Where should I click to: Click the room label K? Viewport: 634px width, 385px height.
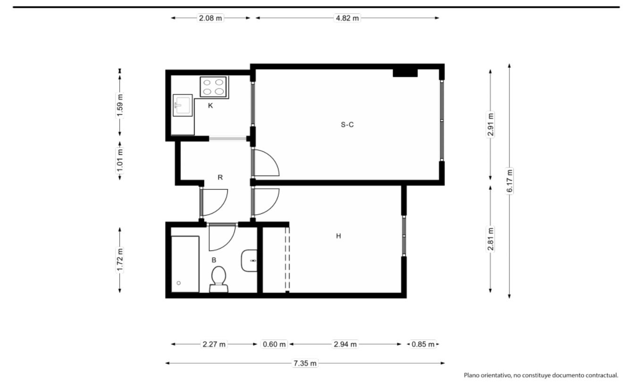pos(210,106)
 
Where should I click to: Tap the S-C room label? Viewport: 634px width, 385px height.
pos(347,125)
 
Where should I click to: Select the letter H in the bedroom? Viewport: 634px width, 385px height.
pos(338,236)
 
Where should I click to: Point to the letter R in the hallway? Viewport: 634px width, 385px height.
pos(220,177)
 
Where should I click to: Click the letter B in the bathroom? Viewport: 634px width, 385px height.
pos(214,260)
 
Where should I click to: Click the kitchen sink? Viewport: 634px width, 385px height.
pos(183,105)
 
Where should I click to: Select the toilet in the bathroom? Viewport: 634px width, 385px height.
pos(218,279)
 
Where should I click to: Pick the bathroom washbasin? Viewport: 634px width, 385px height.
pos(249,260)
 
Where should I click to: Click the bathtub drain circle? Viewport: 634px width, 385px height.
pos(179,283)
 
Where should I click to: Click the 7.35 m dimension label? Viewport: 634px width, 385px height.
pos(305,363)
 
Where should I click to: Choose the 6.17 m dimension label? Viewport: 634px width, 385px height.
pos(509,181)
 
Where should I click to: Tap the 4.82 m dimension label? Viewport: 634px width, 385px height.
pos(347,18)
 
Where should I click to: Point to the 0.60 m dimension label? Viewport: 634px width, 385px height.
pos(274,344)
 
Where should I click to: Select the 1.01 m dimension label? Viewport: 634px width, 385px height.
pos(120,160)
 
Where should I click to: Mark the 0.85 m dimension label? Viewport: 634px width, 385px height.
pos(423,344)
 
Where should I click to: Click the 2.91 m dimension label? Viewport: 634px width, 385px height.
pos(491,125)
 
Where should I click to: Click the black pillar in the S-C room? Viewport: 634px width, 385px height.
pos(405,73)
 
